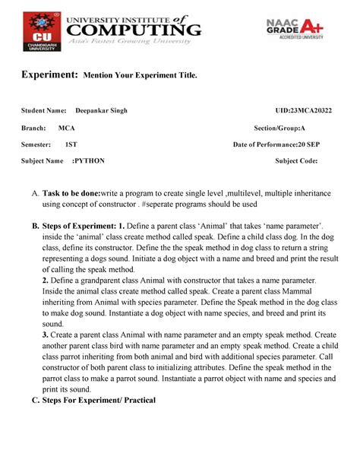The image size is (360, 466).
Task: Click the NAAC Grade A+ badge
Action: (x=295, y=29)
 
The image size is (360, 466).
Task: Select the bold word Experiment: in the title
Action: (x=52, y=76)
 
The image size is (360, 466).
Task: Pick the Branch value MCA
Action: (x=67, y=128)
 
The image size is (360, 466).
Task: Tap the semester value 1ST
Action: (x=71, y=144)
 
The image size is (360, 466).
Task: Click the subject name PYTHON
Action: (x=90, y=161)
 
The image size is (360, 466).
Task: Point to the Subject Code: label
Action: (x=296, y=161)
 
